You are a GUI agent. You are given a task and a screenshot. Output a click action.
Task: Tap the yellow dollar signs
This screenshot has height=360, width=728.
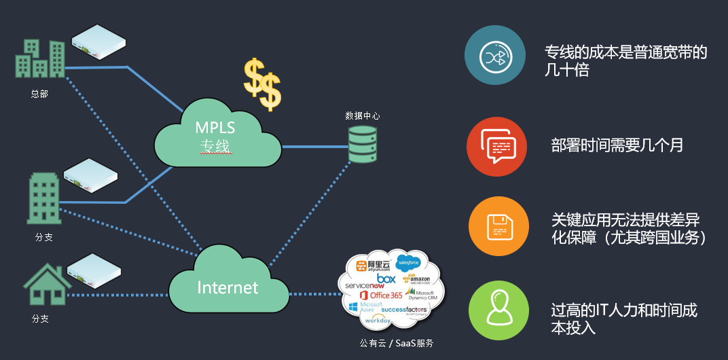click(x=262, y=84)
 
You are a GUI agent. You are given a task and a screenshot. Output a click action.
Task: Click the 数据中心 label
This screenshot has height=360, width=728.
click(x=362, y=116)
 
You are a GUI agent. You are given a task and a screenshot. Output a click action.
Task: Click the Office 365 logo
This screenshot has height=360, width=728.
click(x=381, y=295)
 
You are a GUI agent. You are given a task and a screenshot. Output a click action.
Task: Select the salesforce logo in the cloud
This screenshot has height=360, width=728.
click(x=408, y=262)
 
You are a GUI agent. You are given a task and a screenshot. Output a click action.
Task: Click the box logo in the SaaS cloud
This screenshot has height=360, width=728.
click(x=386, y=278)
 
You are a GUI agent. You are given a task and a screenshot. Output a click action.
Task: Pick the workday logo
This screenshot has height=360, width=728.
click(x=378, y=319)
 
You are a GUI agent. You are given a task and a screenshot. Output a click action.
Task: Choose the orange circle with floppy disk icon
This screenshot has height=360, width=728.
click(x=498, y=226)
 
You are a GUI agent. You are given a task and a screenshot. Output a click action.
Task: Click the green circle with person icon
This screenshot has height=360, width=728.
click(x=498, y=310)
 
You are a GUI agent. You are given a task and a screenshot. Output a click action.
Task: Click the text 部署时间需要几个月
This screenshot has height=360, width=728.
click(x=617, y=145)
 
